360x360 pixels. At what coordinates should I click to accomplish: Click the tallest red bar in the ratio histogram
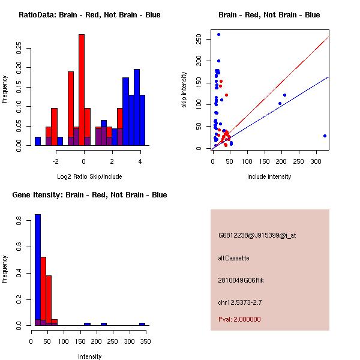[x=82, y=90]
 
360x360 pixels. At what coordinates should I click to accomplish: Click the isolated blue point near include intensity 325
[x=325, y=136]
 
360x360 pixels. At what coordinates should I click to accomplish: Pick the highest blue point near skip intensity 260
[x=218, y=35]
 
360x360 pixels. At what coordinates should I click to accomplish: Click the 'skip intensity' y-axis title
[x=184, y=90]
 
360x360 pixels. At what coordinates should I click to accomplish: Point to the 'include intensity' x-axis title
[x=269, y=176]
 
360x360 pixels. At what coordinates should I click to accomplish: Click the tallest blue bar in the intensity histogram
[x=38, y=270]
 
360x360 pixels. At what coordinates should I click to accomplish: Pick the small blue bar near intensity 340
[x=142, y=324]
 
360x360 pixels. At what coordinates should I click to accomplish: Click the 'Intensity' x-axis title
[x=90, y=356]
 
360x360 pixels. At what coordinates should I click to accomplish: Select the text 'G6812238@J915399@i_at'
[x=257, y=235]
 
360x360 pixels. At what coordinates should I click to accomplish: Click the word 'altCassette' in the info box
[x=234, y=258]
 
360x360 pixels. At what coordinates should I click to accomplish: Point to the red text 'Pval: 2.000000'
[x=239, y=319]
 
